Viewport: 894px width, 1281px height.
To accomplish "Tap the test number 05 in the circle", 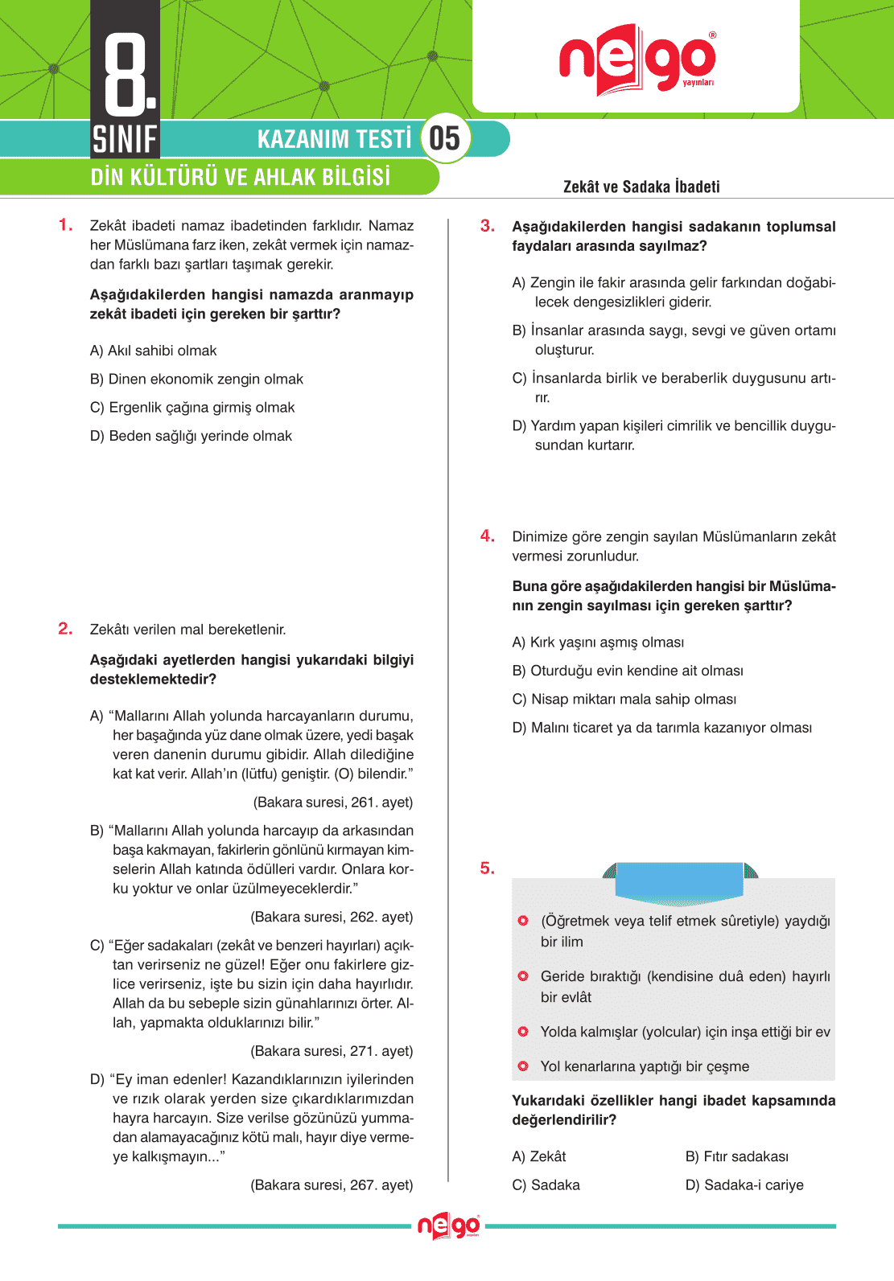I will (x=445, y=138).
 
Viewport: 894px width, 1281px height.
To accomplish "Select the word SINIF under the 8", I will (x=125, y=140).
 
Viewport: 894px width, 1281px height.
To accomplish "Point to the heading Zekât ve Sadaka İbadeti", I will (x=641, y=187).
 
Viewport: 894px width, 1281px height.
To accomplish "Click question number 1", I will (x=65, y=225).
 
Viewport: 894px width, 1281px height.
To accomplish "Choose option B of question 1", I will (x=196, y=379).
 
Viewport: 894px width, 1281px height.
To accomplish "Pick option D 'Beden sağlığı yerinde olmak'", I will (x=191, y=436).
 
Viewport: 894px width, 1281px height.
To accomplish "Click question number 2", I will (x=65, y=629).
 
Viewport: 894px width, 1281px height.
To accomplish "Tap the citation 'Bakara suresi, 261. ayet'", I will (x=333, y=803).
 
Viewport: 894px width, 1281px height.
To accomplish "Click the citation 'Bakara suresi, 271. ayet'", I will (x=332, y=1051).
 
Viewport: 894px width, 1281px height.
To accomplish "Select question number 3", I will (x=487, y=226).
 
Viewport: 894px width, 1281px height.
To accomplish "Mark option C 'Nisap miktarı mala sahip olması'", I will (x=624, y=699).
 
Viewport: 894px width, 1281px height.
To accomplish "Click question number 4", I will (x=487, y=536).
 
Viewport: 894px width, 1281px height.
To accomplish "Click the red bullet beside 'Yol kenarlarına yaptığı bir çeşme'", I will (x=523, y=1066).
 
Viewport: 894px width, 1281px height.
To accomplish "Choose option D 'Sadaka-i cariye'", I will (x=744, y=1185).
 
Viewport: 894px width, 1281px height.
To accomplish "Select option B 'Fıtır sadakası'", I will (x=736, y=1156).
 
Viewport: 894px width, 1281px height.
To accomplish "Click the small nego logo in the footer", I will (x=448, y=1226).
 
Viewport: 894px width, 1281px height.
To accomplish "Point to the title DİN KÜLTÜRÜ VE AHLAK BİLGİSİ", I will (x=240, y=177).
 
